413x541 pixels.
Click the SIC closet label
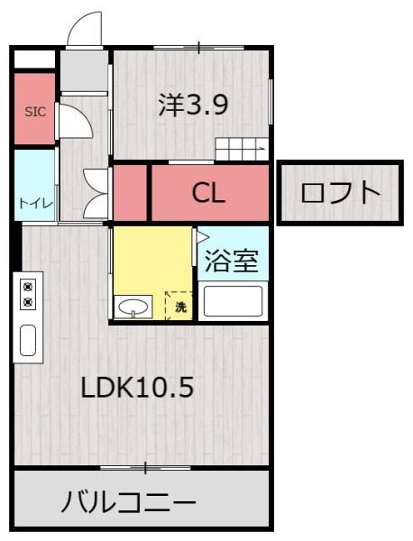pos(34,113)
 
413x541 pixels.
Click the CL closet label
pos(208,192)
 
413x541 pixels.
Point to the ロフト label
pos(339,192)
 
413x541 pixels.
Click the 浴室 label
pos(232,261)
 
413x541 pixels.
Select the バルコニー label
pos(128,500)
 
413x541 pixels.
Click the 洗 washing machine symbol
pos(179,306)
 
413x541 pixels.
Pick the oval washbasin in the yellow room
pos(133,306)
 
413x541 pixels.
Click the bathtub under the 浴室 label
pos(232,300)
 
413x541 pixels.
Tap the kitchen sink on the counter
pos(28,341)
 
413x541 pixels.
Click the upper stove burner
pos(28,286)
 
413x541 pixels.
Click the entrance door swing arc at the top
pos(86,29)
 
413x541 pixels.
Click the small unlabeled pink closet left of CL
pos(130,192)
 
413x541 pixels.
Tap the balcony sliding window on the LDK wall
pos(144,467)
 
